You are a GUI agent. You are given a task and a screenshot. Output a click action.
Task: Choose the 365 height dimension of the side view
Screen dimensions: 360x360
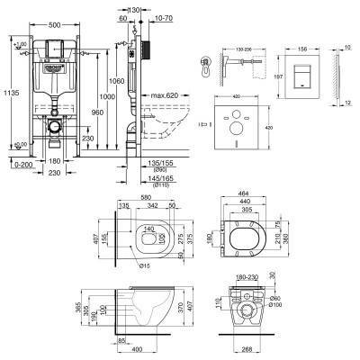pyautogui.click(x=86, y=310)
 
